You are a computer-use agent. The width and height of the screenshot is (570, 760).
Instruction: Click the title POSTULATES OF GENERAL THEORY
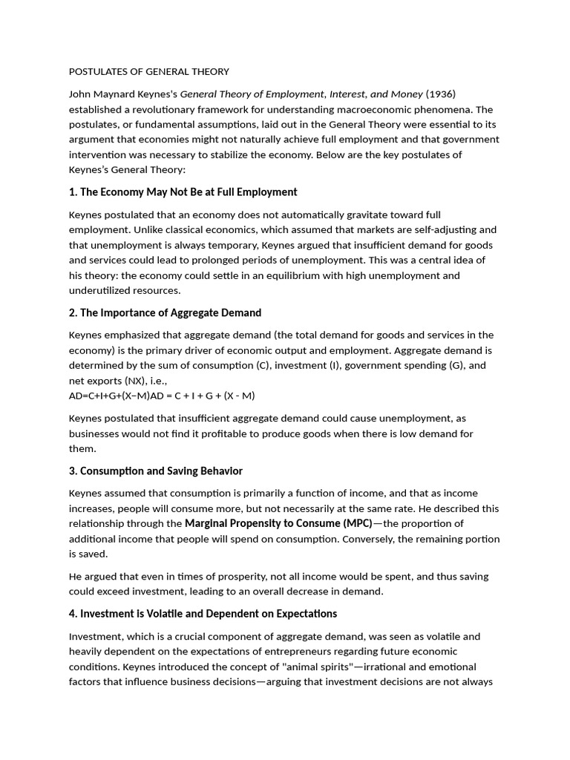[x=149, y=72]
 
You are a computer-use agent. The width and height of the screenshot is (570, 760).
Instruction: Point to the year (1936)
[x=440, y=94]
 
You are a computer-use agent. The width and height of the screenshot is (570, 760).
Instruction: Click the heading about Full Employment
[x=183, y=192]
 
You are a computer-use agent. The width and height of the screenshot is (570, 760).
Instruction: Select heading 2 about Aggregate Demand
[x=165, y=312]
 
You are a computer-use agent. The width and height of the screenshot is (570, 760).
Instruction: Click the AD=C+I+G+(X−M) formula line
[x=162, y=396]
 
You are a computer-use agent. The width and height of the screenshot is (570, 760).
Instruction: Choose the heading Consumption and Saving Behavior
[x=156, y=471]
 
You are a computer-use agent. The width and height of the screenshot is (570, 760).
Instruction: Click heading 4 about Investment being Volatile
[x=203, y=614]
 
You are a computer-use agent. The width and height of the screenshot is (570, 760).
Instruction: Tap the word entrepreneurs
[x=281, y=652]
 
